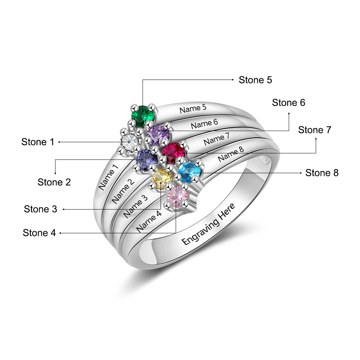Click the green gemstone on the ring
pyautogui.click(x=143, y=115)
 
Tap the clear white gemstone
pyautogui.click(x=130, y=141)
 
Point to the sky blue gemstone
pyautogui.click(x=189, y=172)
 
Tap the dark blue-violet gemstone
pyautogui.click(x=147, y=160)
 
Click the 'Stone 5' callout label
pyautogui.click(x=255, y=80)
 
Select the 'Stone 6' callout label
pyautogui.click(x=288, y=103)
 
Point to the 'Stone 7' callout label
pyautogui.click(x=315, y=130)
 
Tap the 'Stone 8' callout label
pyautogui.click(x=322, y=173)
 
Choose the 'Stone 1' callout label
pyautogui.click(x=38, y=142)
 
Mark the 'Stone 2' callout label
pyautogui.click(x=54, y=182)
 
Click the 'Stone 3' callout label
pyautogui.click(x=41, y=209)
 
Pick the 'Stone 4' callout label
pyautogui.click(x=39, y=233)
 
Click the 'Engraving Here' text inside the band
pyautogui.click(x=208, y=224)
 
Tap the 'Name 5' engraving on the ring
pyautogui.click(x=193, y=108)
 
